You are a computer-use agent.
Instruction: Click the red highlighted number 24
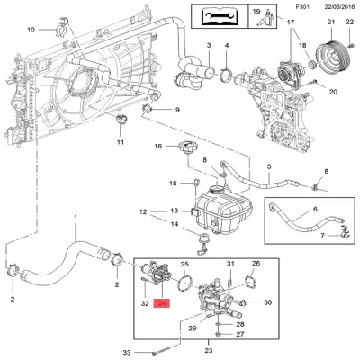[x=162, y=304]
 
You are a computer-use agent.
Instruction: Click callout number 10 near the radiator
[x=31, y=30]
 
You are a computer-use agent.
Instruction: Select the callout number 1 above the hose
[x=76, y=219]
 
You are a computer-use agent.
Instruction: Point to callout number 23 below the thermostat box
[x=211, y=350]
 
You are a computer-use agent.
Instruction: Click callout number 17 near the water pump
[x=290, y=20]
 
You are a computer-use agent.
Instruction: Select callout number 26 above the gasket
[x=256, y=264]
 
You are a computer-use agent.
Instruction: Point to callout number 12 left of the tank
[x=142, y=212]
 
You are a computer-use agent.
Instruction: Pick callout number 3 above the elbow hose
[x=207, y=45]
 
